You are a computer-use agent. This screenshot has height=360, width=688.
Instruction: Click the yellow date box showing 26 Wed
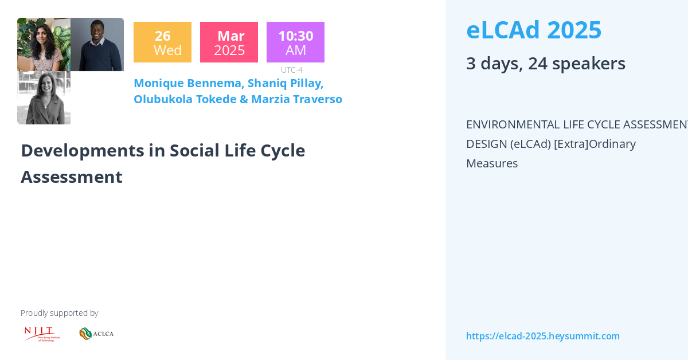pyautogui.click(x=162, y=42)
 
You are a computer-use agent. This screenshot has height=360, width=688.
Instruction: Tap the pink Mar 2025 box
pyautogui.click(x=229, y=42)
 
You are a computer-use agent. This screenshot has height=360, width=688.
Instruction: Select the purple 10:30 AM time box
pyautogui.click(x=295, y=42)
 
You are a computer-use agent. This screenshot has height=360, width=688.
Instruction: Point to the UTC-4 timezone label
pyautogui.click(x=291, y=70)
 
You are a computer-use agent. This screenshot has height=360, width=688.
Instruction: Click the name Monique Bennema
pyautogui.click(x=188, y=83)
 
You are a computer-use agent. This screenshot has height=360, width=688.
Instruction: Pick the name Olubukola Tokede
pyautogui.click(x=185, y=99)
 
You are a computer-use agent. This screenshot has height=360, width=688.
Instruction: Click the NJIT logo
pyautogui.click(x=41, y=334)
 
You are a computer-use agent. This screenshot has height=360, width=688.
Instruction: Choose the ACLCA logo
pyautogui.click(x=96, y=334)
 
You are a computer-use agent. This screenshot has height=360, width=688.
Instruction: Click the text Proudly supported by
pyautogui.click(x=59, y=313)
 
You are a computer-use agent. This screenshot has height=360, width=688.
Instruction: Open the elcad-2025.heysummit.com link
pyautogui.click(x=542, y=336)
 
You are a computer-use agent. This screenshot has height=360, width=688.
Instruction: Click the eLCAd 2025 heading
pyautogui.click(x=533, y=30)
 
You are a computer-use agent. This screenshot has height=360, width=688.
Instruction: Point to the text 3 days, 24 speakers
pyautogui.click(x=545, y=63)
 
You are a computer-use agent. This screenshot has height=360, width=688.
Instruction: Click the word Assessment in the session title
pyautogui.click(x=71, y=177)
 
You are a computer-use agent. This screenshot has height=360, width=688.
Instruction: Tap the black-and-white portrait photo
pyautogui.click(x=44, y=97)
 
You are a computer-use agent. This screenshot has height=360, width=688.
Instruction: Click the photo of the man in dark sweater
pyautogui.click(x=97, y=45)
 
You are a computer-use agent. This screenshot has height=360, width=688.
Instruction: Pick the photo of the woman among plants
pyautogui.click(x=44, y=45)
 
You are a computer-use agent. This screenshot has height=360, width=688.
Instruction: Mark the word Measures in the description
pyautogui.click(x=491, y=163)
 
